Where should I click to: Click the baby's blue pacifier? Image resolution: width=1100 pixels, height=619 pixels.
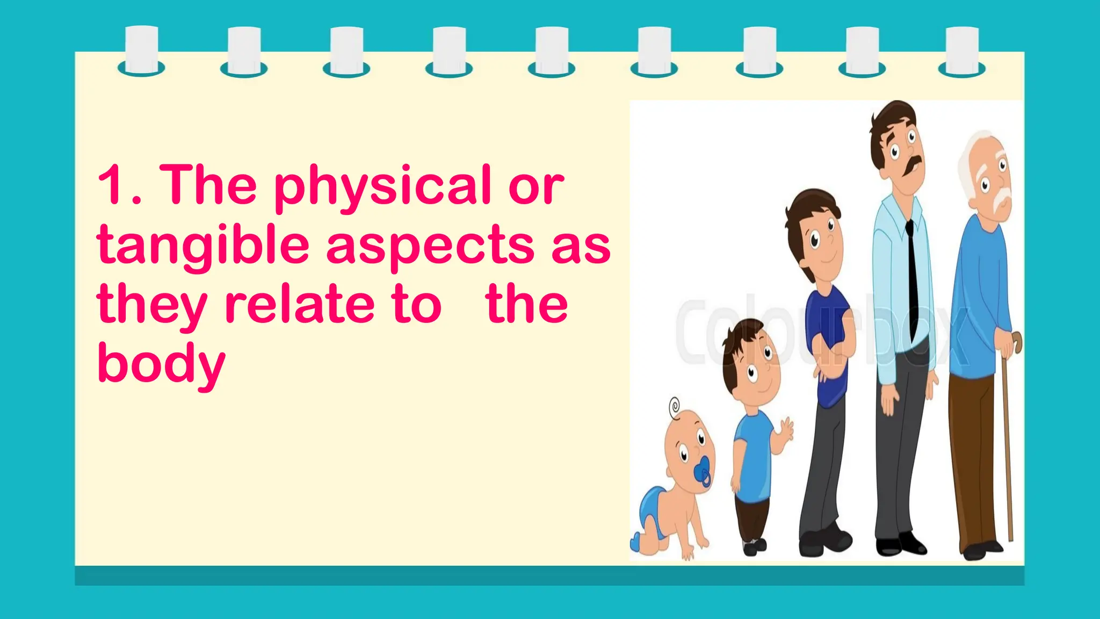tap(703, 473)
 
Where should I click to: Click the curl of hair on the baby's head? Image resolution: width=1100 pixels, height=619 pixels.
tap(675, 406)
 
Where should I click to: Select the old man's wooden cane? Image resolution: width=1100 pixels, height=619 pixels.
tap(1008, 441)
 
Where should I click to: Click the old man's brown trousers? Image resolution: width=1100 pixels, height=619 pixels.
tap(972, 457)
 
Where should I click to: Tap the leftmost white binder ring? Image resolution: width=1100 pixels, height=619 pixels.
tap(141, 51)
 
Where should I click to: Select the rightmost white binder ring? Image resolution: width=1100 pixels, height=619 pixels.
tap(961, 51)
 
